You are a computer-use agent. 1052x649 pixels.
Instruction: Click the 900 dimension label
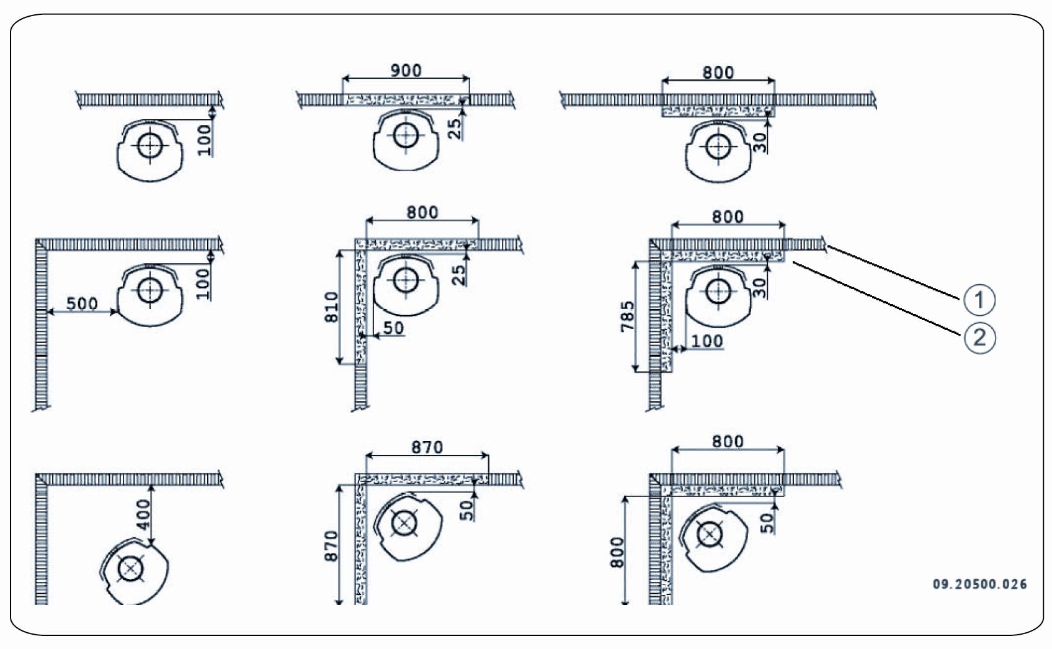[406, 70]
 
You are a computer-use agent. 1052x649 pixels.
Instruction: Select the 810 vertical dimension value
[332, 307]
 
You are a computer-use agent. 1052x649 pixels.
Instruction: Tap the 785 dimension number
[628, 316]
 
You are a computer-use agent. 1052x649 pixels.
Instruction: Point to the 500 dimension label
[82, 303]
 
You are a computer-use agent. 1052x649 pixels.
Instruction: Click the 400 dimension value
[143, 514]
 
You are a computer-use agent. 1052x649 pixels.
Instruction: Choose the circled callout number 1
[979, 300]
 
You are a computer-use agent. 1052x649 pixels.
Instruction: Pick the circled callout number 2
[979, 338]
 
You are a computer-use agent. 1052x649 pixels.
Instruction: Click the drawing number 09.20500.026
[979, 584]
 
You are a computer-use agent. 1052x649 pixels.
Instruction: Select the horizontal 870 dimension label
[427, 447]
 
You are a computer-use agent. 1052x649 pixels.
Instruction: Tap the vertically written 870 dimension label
[332, 546]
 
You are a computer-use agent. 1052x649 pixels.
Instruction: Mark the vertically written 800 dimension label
[618, 552]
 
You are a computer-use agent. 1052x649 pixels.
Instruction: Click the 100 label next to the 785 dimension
[707, 341]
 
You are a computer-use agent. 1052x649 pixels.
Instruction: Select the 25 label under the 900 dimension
[455, 128]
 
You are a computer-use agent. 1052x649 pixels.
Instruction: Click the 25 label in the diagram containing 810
[458, 274]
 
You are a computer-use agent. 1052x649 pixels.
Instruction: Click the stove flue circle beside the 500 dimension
[149, 290]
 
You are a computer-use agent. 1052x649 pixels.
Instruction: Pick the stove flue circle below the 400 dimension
[130, 569]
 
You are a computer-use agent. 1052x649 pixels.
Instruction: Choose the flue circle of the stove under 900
[406, 135]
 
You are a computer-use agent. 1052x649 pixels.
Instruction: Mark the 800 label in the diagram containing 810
[422, 212]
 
